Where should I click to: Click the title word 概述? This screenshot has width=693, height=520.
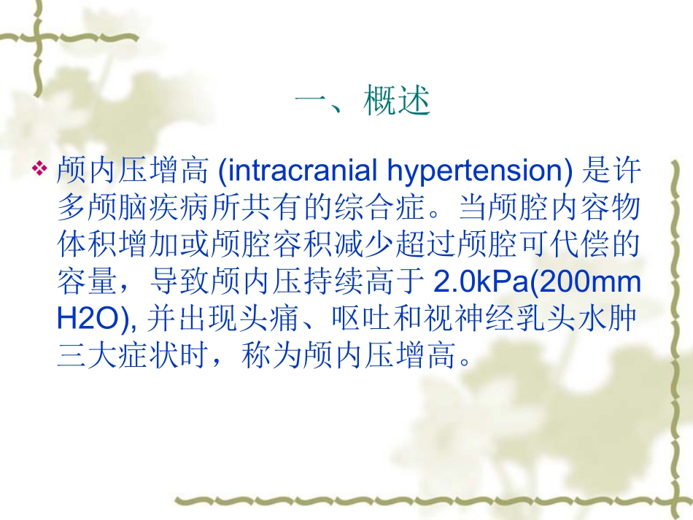(x=397, y=101)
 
